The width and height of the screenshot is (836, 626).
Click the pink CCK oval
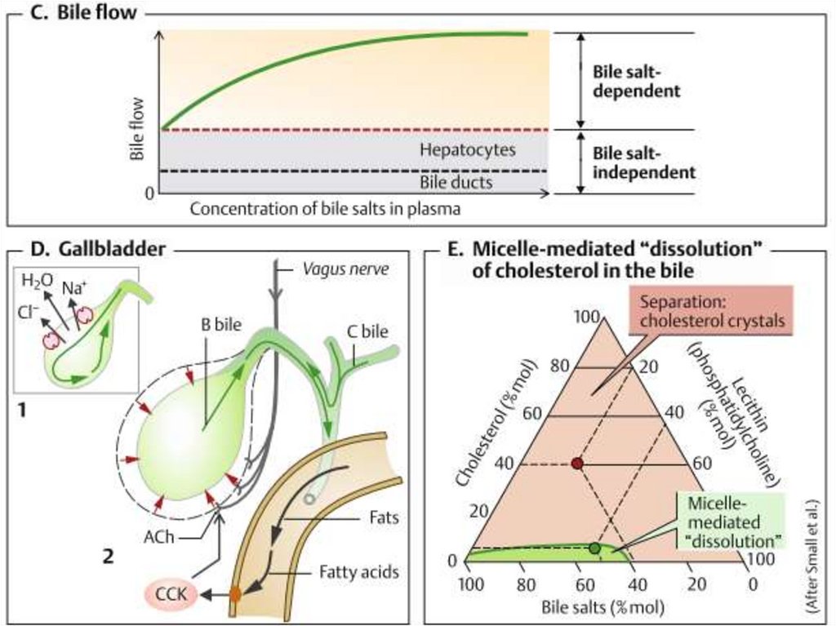point(171,596)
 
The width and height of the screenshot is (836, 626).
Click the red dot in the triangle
point(577,464)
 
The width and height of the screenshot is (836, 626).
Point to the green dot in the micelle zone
point(594,548)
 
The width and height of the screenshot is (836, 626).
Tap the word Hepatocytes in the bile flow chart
point(467,151)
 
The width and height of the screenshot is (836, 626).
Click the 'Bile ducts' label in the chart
point(456,182)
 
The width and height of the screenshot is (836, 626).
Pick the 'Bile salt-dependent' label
point(636,81)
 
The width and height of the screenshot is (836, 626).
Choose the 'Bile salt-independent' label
point(643,162)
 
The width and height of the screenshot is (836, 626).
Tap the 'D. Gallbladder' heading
point(96,248)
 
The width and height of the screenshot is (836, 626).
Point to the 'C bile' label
point(366,331)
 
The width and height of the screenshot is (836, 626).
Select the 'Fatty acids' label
point(359,572)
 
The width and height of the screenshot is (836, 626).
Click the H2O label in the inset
point(37,282)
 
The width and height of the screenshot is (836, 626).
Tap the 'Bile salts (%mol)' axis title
point(603,607)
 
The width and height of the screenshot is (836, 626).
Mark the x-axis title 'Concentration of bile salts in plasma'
point(326,209)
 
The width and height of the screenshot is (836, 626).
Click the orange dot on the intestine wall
point(235,595)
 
